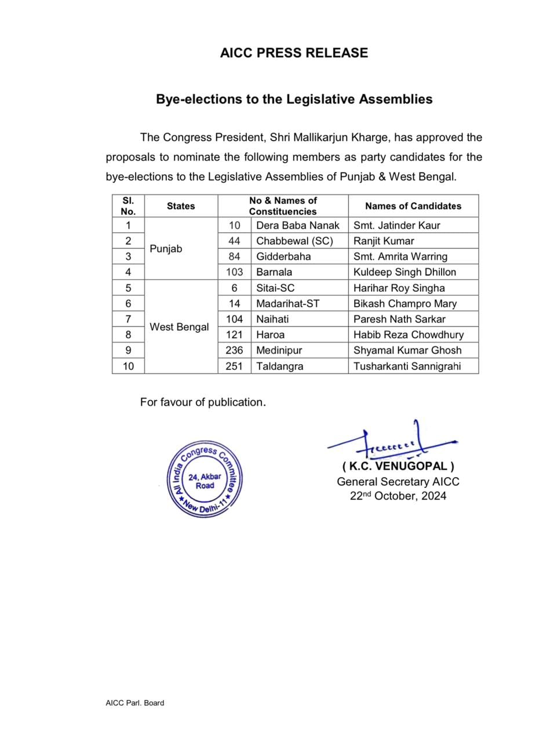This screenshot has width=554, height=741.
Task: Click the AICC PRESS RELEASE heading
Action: [x=294, y=53]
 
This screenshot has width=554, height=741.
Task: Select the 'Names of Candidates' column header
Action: [x=413, y=206]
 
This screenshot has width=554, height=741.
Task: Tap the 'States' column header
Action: [x=181, y=206]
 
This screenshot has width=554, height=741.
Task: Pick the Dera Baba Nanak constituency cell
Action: [x=297, y=225]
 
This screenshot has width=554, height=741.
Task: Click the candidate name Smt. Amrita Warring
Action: [x=400, y=256]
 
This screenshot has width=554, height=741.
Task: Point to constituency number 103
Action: [x=234, y=272]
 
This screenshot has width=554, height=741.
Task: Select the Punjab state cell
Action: [x=166, y=248]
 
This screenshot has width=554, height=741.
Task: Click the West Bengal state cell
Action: [x=179, y=327]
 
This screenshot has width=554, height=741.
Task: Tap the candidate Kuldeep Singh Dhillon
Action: [x=404, y=272]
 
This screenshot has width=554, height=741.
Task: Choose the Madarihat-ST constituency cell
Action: [x=287, y=303]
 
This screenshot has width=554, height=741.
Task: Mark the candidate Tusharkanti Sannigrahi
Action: [x=407, y=366]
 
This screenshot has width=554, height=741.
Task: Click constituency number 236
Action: [x=234, y=350]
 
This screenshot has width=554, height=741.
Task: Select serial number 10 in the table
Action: [x=128, y=366]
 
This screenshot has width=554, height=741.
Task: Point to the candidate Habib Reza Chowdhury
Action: [x=409, y=335]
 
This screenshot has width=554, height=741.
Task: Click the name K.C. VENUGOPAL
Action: [x=398, y=466]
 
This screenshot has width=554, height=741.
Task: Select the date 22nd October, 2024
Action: [x=398, y=496]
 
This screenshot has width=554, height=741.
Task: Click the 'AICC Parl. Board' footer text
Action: [x=134, y=703]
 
